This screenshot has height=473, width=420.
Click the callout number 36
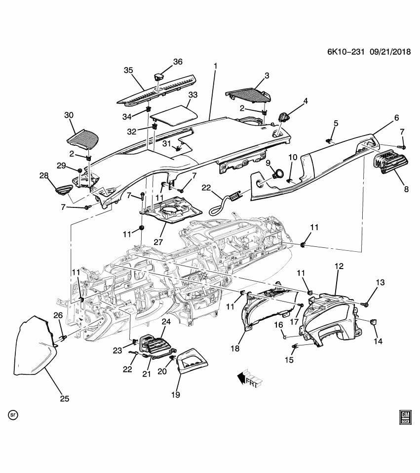177,62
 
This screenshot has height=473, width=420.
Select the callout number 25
65,399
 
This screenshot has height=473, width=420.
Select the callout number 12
339,267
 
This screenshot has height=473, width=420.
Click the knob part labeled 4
284,118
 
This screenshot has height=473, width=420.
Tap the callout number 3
267,75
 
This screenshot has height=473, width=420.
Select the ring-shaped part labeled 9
278,173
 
